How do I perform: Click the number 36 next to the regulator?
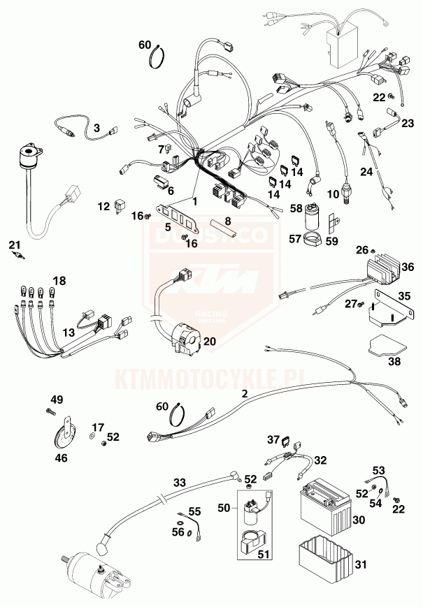point(408,266)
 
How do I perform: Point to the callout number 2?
point(244,394)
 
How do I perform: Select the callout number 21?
point(14,244)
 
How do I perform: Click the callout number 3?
point(97,128)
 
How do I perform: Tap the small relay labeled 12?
point(120,207)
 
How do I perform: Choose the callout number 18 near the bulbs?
point(59,281)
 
